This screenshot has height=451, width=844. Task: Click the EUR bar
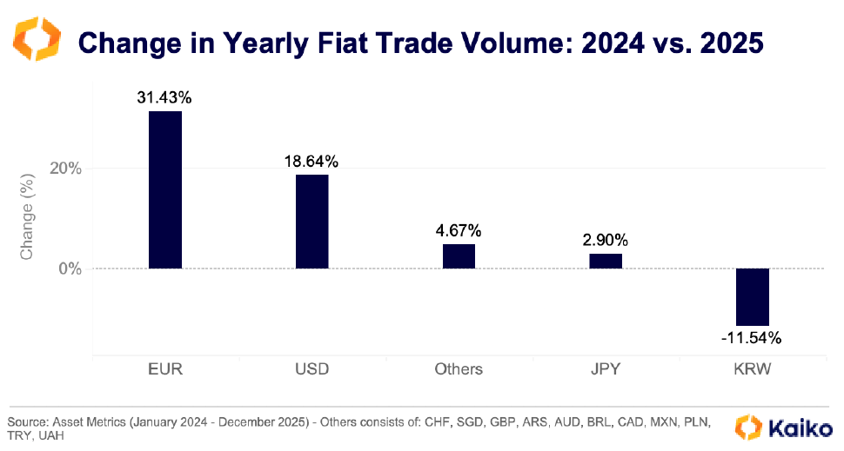click(165, 189)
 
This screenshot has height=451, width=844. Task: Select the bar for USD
click(311, 221)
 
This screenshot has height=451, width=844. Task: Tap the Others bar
click(459, 256)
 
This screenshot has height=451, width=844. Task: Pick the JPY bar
click(606, 261)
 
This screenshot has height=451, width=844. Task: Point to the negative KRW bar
click(753, 296)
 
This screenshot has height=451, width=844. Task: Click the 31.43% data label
click(164, 97)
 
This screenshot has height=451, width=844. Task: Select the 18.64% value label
click(311, 162)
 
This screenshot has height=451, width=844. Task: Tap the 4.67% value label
click(459, 231)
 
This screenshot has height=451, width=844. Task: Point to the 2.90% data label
click(606, 240)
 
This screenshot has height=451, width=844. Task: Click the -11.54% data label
click(752, 337)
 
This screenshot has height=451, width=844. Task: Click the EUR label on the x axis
click(165, 369)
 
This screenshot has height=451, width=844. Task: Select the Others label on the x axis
click(459, 369)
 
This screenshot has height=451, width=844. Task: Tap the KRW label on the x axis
click(752, 369)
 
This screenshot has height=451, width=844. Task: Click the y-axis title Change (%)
click(27, 219)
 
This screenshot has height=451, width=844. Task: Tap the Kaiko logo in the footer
click(782, 427)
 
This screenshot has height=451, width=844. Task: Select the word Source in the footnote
click(26, 421)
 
